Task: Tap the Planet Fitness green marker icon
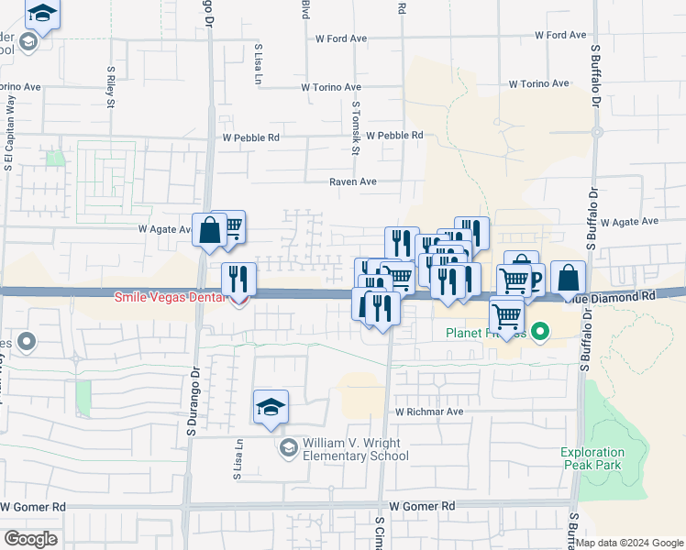pyautogui.click(x=541, y=331)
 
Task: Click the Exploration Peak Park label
pyautogui.click(x=592, y=458)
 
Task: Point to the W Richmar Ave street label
pyautogui.click(x=429, y=412)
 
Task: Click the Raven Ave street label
pyautogui.click(x=353, y=182)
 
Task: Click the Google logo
pyautogui.click(x=30, y=538)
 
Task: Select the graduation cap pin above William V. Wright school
pyautogui.click(x=271, y=406)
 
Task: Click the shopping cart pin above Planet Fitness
pyautogui.click(x=506, y=314)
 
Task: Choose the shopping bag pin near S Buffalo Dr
pyautogui.click(x=569, y=277)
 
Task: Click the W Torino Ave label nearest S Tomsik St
pyautogui.click(x=331, y=87)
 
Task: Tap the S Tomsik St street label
pyautogui.click(x=356, y=128)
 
